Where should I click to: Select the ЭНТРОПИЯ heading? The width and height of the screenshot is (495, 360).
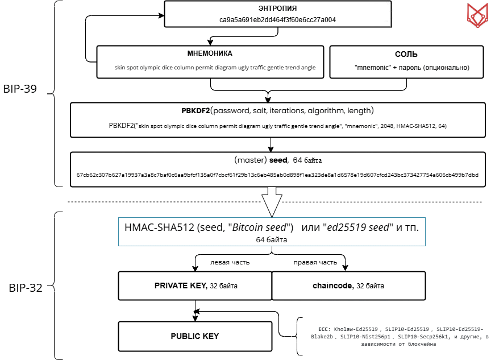(x=278, y=9)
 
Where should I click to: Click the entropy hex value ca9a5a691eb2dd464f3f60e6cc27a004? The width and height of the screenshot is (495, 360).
(x=278, y=19)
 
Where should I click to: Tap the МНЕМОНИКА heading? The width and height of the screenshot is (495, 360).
(x=210, y=54)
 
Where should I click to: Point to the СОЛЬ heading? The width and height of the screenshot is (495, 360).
(x=406, y=55)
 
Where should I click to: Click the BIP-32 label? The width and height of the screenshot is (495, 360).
(x=26, y=288)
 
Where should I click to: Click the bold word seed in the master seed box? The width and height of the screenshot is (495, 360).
(x=278, y=160)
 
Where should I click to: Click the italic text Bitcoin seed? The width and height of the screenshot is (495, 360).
(x=260, y=227)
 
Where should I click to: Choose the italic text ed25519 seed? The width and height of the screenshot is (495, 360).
(x=363, y=227)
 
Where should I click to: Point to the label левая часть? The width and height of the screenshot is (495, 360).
(x=230, y=262)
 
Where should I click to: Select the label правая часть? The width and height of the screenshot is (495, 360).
(x=315, y=262)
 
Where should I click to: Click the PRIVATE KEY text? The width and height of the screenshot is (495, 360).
(x=180, y=285)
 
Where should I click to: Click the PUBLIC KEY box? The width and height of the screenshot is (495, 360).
(x=194, y=336)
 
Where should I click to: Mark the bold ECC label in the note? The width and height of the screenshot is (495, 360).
(x=324, y=329)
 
